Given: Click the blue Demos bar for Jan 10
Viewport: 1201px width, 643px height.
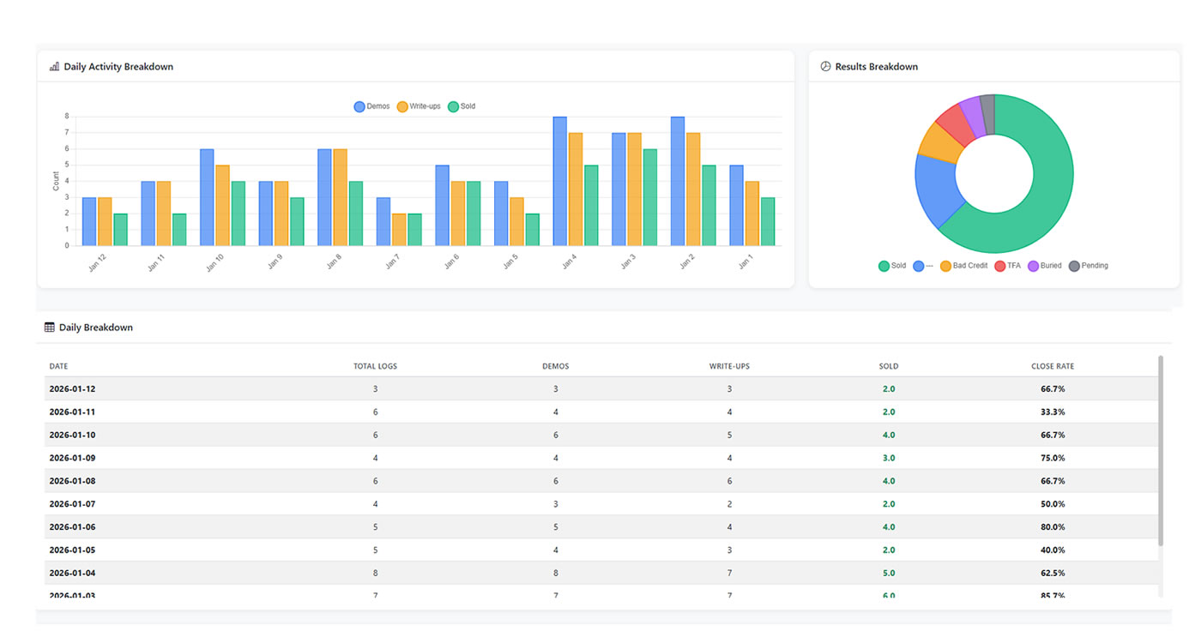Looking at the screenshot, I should [207, 197].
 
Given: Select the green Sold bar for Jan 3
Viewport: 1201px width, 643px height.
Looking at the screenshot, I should [651, 197].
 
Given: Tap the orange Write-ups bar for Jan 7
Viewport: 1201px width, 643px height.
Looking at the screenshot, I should [400, 230].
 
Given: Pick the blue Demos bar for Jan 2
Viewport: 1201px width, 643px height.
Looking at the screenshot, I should [678, 181].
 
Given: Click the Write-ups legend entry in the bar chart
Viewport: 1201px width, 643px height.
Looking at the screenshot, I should [419, 106].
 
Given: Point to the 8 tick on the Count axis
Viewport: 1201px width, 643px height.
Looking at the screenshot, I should [66, 116].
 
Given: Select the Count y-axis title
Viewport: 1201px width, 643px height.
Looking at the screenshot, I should [56, 181].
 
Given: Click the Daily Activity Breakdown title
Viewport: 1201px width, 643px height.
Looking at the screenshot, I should [118, 67].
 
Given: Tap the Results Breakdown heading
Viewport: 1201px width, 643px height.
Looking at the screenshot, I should [876, 67].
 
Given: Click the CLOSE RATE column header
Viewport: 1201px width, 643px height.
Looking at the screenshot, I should [1052, 366].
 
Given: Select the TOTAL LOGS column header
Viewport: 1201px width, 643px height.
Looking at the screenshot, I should [375, 366].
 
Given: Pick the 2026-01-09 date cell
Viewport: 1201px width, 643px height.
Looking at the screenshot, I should [72, 458].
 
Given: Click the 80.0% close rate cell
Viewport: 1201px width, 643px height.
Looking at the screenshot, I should [1053, 527].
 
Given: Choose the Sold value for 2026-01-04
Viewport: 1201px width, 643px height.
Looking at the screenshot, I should [889, 573].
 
